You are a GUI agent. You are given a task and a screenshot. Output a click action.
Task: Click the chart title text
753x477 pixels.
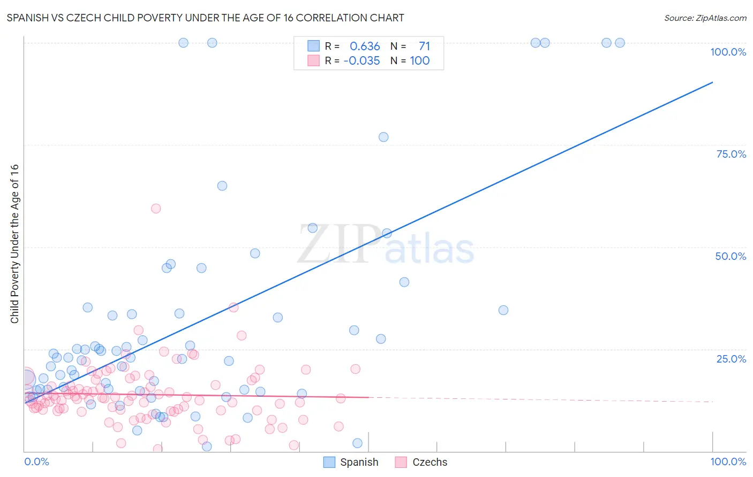(205, 18)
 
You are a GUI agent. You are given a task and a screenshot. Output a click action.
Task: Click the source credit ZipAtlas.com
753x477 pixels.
(705, 18)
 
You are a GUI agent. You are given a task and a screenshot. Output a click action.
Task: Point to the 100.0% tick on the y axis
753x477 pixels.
(728, 52)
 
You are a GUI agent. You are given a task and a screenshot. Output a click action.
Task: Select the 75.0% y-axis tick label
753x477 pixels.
(731, 154)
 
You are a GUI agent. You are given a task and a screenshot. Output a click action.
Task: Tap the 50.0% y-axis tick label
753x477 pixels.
(731, 256)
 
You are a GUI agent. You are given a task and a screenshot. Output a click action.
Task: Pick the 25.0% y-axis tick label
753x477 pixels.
(731, 359)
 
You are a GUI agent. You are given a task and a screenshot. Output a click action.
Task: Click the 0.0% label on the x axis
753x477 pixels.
(36, 462)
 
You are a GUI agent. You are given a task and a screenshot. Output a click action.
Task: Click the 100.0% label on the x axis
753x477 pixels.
(728, 462)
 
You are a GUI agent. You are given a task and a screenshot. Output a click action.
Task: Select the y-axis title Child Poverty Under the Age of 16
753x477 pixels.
(14, 243)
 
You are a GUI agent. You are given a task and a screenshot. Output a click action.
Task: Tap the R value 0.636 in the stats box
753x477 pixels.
(365, 47)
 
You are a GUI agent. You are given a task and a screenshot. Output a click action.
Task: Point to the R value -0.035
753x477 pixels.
(362, 61)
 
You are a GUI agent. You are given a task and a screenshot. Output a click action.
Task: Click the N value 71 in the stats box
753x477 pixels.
(424, 47)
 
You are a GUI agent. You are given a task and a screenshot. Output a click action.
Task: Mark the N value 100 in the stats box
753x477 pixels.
(420, 61)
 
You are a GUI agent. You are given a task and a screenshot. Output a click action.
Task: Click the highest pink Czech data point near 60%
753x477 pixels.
(156, 209)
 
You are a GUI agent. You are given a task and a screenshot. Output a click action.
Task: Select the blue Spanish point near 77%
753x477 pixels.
(383, 137)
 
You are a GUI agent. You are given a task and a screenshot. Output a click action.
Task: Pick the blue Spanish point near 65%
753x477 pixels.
(222, 186)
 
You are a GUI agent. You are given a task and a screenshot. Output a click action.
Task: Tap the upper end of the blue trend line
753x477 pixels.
(712, 82)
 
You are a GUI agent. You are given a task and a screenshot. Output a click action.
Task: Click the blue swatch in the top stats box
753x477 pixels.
(313, 46)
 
